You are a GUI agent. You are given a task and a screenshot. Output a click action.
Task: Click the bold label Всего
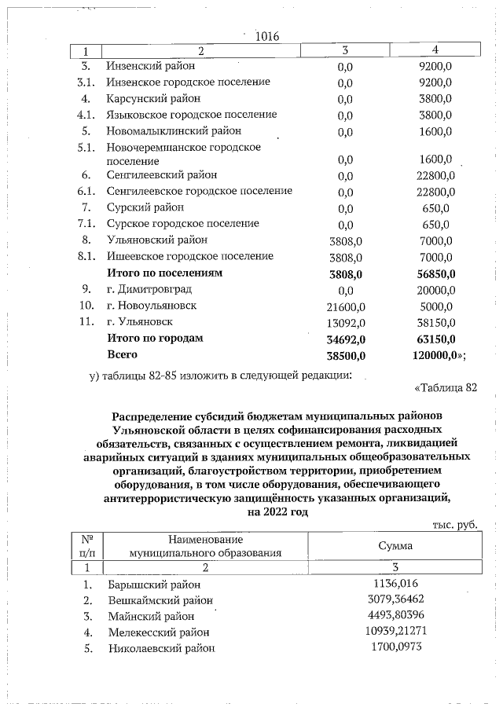click(123, 354)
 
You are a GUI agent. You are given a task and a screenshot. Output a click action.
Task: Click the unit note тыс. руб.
click(455, 524)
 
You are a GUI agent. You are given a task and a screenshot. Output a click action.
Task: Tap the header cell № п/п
click(86, 545)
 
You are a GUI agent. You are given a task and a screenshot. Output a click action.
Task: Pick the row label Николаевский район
click(161, 648)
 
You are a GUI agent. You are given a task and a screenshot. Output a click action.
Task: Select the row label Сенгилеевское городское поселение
click(200, 191)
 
